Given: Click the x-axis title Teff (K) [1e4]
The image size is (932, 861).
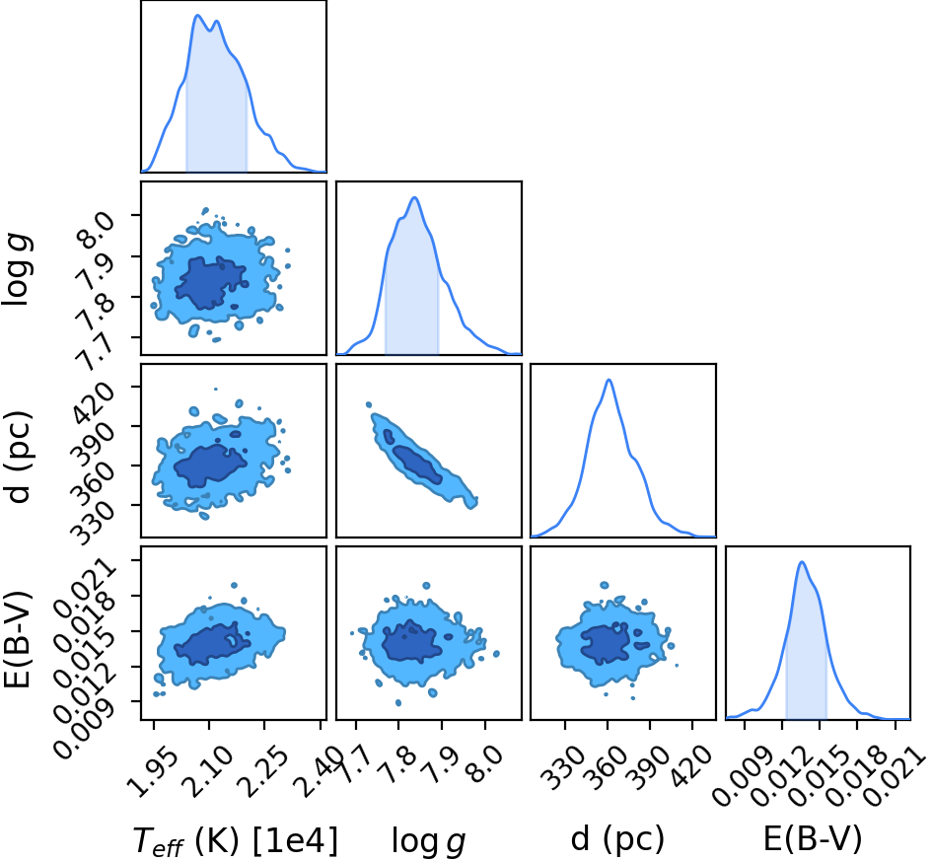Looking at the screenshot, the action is (236, 840).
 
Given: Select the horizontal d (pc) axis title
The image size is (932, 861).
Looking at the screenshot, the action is (617, 838).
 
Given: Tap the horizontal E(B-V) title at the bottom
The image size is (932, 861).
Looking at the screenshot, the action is (812, 838).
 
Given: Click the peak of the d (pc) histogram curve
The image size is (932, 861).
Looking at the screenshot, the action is (609, 380).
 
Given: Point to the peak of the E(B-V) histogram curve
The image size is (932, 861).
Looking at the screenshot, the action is (802, 562).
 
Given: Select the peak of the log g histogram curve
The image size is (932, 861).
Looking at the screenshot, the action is (414, 198).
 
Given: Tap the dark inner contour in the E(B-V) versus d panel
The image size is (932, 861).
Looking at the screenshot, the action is (606, 642).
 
